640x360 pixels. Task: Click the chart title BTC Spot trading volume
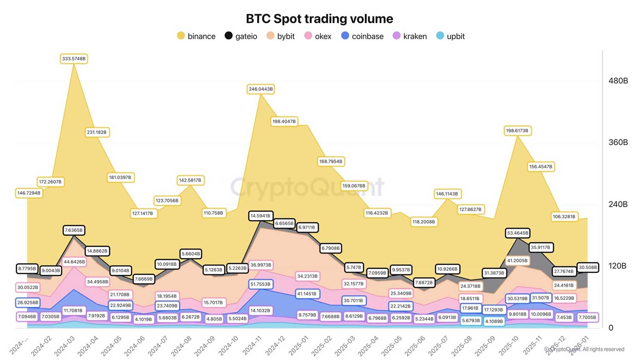coord(319,19)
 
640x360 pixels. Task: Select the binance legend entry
coord(196,36)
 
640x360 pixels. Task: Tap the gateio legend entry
coord(241,36)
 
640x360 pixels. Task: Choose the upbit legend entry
coord(451,36)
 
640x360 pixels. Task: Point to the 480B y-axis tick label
coord(618,81)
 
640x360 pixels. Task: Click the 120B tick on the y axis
coord(617,266)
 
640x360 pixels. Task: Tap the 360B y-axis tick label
coord(618,142)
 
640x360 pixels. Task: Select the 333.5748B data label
coord(74,58)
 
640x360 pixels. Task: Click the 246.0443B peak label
coord(261,89)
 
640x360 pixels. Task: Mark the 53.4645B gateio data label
coord(518,233)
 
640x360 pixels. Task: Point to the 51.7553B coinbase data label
coord(260,284)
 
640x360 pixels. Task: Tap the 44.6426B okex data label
coord(74,261)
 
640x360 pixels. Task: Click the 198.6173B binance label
coord(518,131)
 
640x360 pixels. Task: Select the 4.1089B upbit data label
coord(494,321)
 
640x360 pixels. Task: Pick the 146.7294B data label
coord(29,193)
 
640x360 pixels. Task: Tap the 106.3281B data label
coord(564,216)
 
